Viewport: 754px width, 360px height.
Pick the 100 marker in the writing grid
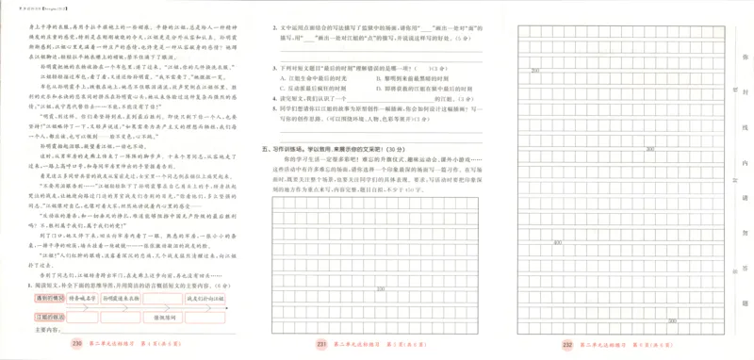380,289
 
